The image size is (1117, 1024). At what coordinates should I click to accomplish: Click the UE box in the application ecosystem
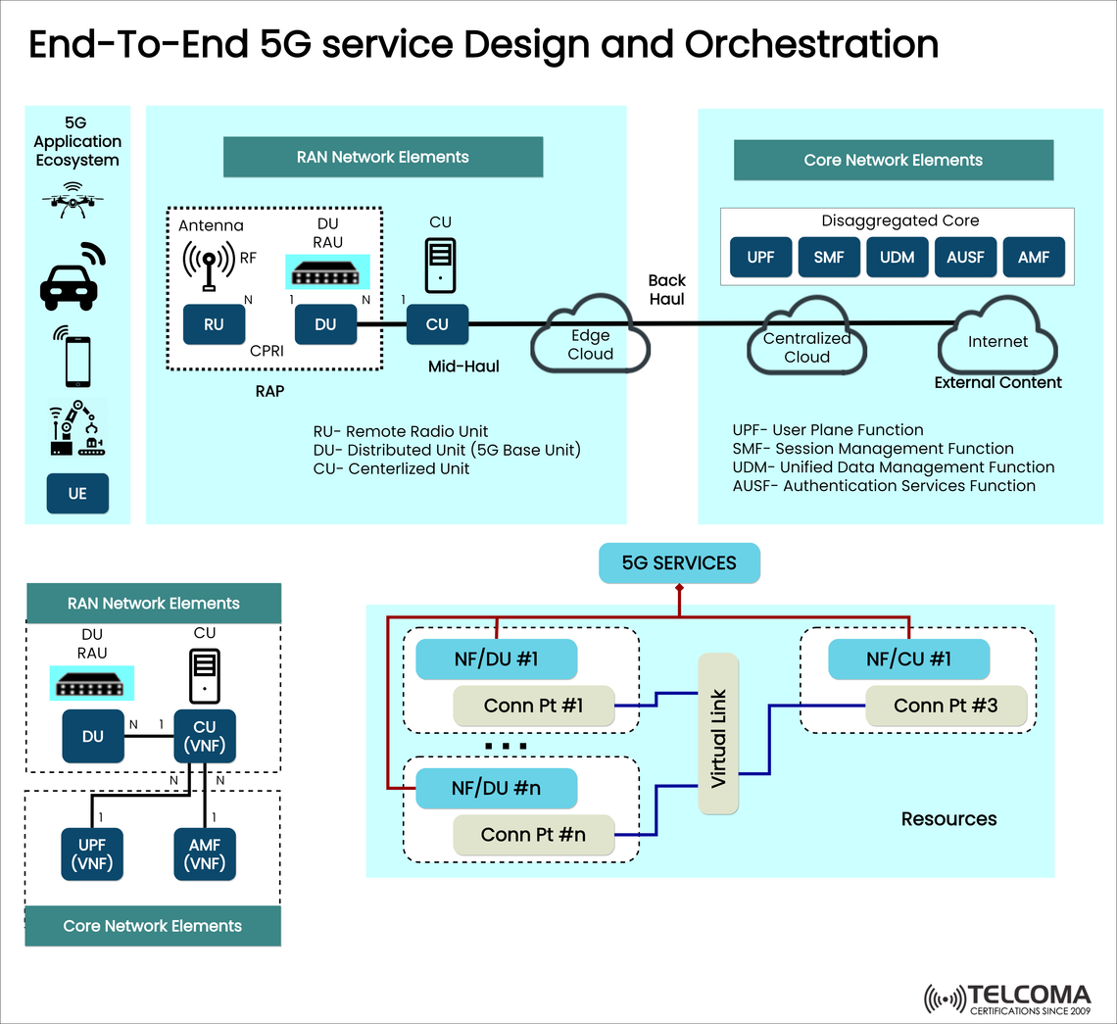click(77, 494)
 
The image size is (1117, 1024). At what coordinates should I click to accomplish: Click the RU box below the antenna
click(214, 324)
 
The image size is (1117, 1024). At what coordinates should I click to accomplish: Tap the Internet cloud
click(997, 342)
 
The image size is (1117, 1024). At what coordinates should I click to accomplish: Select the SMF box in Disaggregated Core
click(829, 258)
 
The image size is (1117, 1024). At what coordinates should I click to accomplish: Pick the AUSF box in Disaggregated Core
click(965, 258)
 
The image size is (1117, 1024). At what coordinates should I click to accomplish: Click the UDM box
click(897, 258)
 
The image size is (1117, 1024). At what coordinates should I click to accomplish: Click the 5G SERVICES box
click(679, 563)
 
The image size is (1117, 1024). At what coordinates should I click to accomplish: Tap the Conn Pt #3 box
click(946, 705)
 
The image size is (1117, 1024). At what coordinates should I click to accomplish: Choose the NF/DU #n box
click(496, 788)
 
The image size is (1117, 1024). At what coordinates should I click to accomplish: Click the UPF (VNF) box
click(93, 853)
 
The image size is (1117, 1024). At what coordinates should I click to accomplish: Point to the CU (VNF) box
click(205, 736)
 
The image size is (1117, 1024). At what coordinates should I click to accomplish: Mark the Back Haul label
click(666, 289)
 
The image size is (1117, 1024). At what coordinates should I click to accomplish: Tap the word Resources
click(948, 818)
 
